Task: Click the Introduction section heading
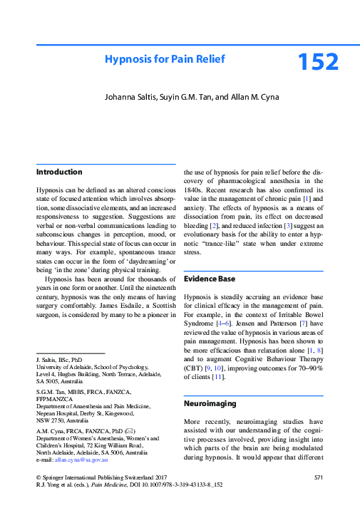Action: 59,172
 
